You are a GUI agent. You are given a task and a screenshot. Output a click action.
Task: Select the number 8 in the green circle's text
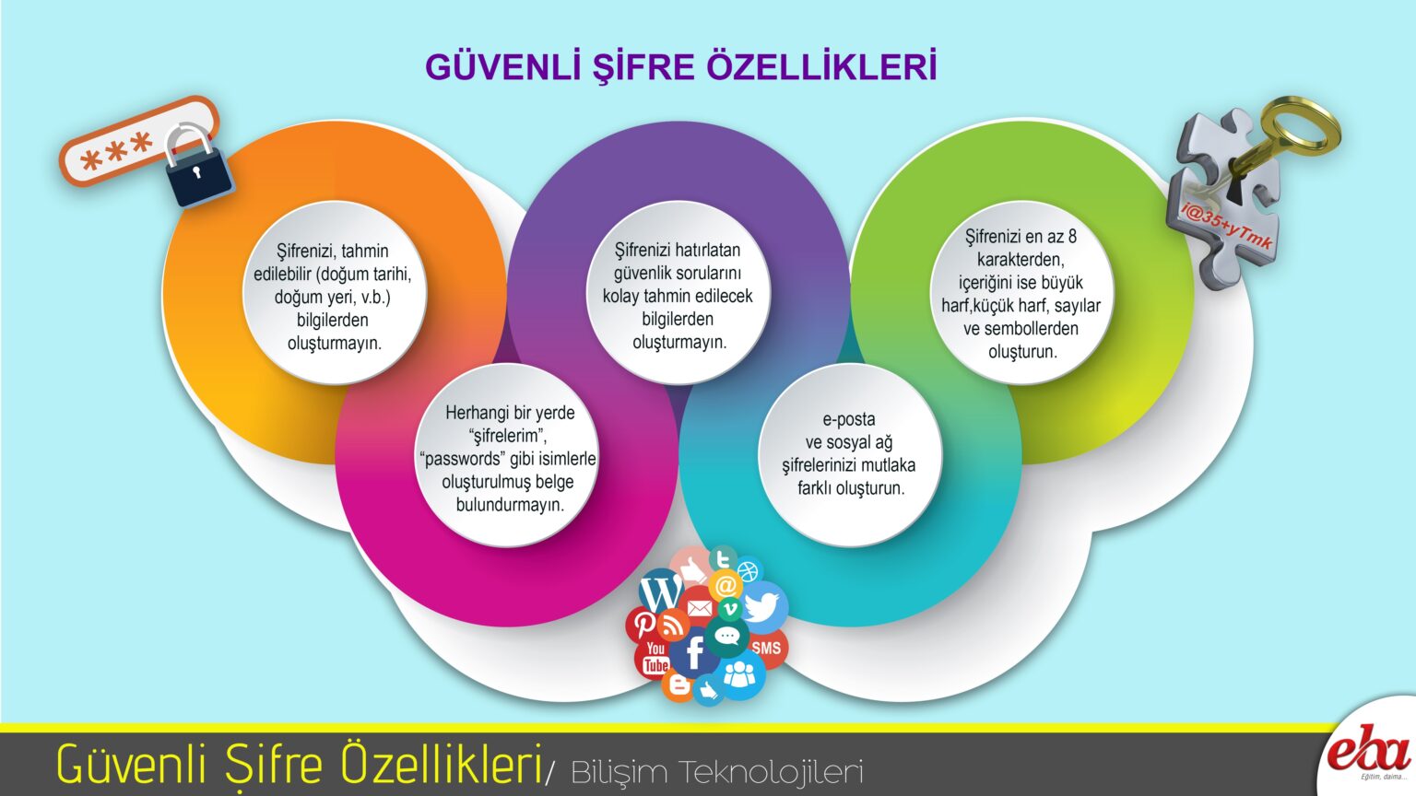1072,236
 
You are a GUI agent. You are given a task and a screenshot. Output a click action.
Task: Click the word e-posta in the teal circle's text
848,419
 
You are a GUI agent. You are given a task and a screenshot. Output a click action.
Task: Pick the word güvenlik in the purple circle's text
643,273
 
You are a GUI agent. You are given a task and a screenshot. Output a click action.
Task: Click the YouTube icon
655,658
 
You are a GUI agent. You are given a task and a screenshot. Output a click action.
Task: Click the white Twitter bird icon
763,606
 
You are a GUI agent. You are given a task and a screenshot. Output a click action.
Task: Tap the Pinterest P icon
643,623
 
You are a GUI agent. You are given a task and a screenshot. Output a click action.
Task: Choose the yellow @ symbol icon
726,585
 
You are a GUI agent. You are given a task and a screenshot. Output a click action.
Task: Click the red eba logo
1368,755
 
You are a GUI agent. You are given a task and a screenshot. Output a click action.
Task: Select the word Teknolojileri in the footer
771,772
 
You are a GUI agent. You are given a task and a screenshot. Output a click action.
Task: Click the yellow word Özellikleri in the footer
442,763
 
